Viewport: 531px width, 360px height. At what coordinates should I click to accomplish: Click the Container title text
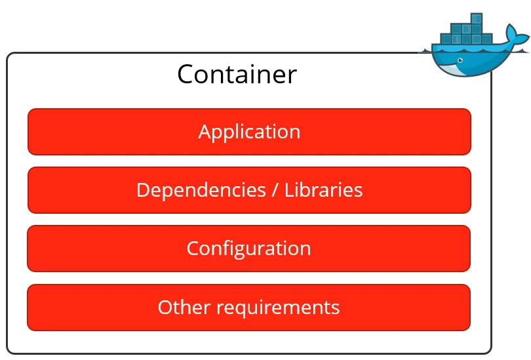pos(237,75)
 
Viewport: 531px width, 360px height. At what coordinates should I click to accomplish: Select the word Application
pos(249,132)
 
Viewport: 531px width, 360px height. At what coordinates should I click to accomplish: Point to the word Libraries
pos(324,190)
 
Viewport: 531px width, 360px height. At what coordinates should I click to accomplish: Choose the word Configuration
pos(248,249)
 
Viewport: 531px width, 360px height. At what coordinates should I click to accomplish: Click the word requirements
pos(278,307)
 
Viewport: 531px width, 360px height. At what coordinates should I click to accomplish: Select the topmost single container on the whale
pos(477,18)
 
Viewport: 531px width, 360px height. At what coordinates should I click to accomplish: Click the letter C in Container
pos(186,75)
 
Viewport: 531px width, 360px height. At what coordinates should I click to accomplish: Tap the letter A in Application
pos(205,132)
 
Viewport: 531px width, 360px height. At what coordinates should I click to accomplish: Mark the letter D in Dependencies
pos(144,190)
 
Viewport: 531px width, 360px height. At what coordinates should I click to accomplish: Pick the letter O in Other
pos(166,307)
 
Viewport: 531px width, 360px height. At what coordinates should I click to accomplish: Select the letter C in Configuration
pos(193,249)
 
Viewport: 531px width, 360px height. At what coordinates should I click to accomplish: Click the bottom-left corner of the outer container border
pos(9,352)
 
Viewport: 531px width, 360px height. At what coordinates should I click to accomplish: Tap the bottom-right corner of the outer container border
pos(490,352)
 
